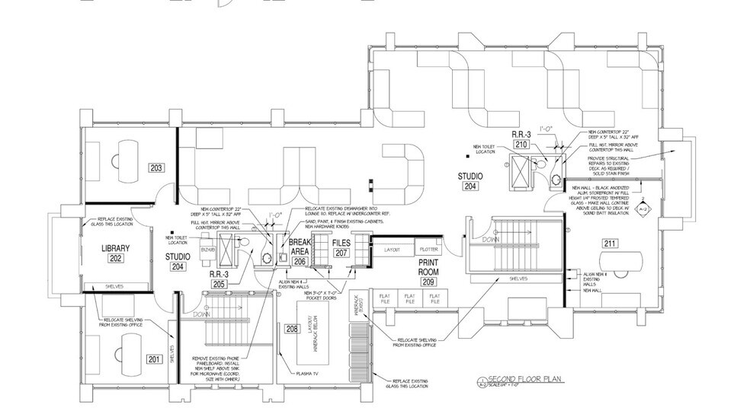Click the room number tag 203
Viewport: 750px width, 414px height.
click(158, 167)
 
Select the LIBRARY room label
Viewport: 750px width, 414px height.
click(116, 248)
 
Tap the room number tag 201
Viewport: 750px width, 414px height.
click(154, 358)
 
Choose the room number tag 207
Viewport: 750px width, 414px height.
click(341, 253)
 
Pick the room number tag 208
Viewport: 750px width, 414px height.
click(271, 330)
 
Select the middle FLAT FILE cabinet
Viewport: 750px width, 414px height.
click(410, 299)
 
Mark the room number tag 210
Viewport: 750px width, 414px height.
click(521, 144)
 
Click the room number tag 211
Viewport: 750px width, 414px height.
click(610, 244)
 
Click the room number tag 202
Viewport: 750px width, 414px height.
click(116, 259)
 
